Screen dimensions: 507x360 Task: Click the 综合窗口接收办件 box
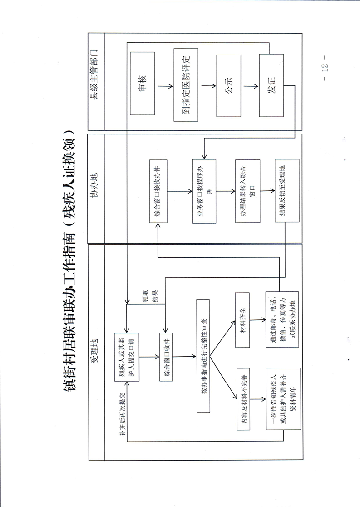(x=161, y=191)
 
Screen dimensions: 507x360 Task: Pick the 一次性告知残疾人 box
(x=281, y=400)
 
